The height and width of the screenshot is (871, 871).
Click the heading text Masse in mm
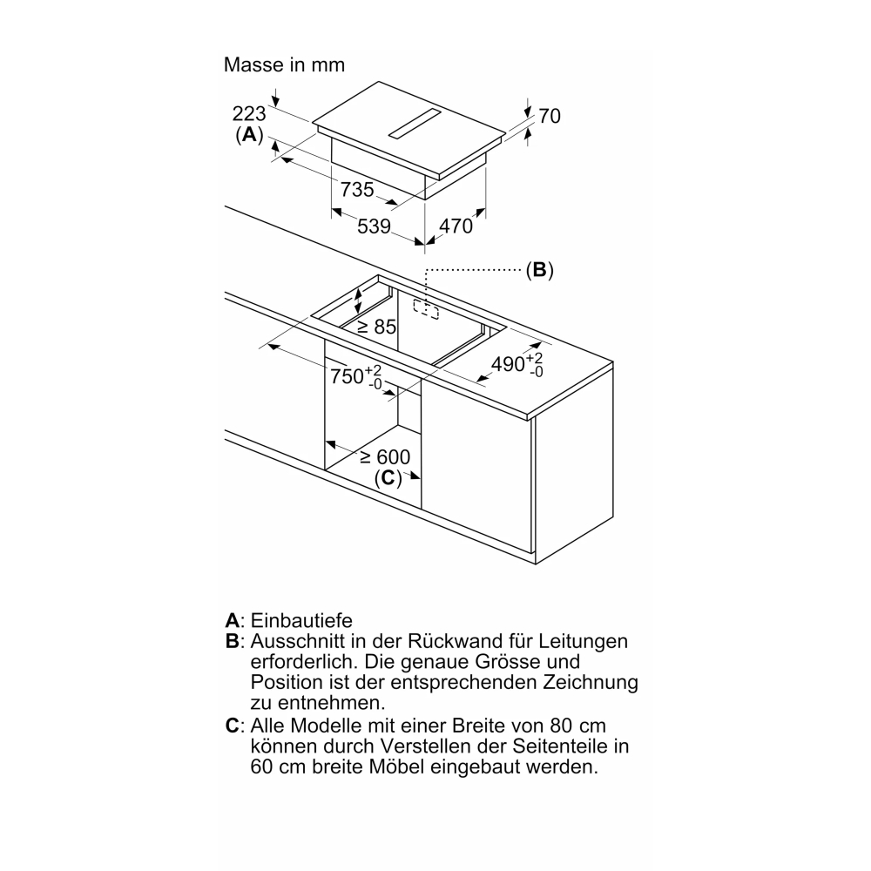click(284, 65)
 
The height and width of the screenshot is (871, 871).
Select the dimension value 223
click(249, 114)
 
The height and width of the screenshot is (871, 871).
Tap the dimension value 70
click(550, 116)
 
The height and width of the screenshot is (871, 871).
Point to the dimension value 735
click(357, 190)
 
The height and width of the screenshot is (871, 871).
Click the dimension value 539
click(374, 226)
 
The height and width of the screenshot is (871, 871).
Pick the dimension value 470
click(456, 226)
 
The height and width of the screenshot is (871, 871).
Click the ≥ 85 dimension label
click(376, 327)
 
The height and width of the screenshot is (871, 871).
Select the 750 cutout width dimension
click(356, 376)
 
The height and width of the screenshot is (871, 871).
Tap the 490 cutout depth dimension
click(517, 364)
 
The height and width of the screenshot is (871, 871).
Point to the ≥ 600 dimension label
click(385, 457)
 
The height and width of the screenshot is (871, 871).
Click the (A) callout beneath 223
click(249, 134)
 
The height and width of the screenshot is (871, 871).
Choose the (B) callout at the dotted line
click(539, 270)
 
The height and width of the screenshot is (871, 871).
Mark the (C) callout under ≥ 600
click(388, 477)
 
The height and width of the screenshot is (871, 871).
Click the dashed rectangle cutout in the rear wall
click(426, 310)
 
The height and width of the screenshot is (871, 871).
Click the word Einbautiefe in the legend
click(301, 620)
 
